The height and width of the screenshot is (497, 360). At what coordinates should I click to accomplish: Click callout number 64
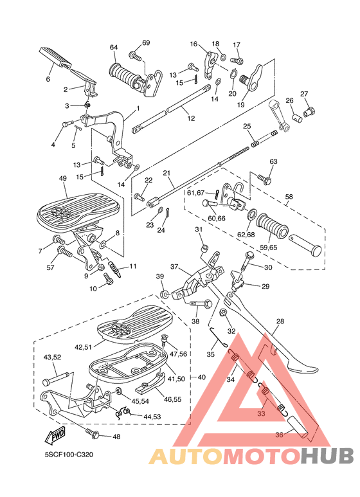coord(114,47)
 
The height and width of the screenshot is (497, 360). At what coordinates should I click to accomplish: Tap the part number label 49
coord(63,179)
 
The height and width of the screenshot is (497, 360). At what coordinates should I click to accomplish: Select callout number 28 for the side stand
coord(280,321)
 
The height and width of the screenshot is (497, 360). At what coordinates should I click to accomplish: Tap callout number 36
coord(279,435)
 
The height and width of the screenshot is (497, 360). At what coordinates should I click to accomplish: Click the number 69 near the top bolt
coord(146,42)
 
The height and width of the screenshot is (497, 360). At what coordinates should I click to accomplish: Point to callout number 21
coord(166,173)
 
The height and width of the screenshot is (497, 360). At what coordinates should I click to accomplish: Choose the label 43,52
coord(52,357)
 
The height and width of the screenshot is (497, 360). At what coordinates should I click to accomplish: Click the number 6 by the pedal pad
coord(48,79)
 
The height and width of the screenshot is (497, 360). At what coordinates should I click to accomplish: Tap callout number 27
coord(304,95)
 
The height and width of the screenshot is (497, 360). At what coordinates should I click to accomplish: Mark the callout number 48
coord(116,437)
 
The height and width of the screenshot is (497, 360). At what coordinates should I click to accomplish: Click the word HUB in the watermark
coord(327,455)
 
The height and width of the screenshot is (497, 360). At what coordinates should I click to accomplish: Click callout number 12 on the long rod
coord(191,118)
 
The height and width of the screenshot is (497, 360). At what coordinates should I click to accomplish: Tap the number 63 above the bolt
coord(273,161)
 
